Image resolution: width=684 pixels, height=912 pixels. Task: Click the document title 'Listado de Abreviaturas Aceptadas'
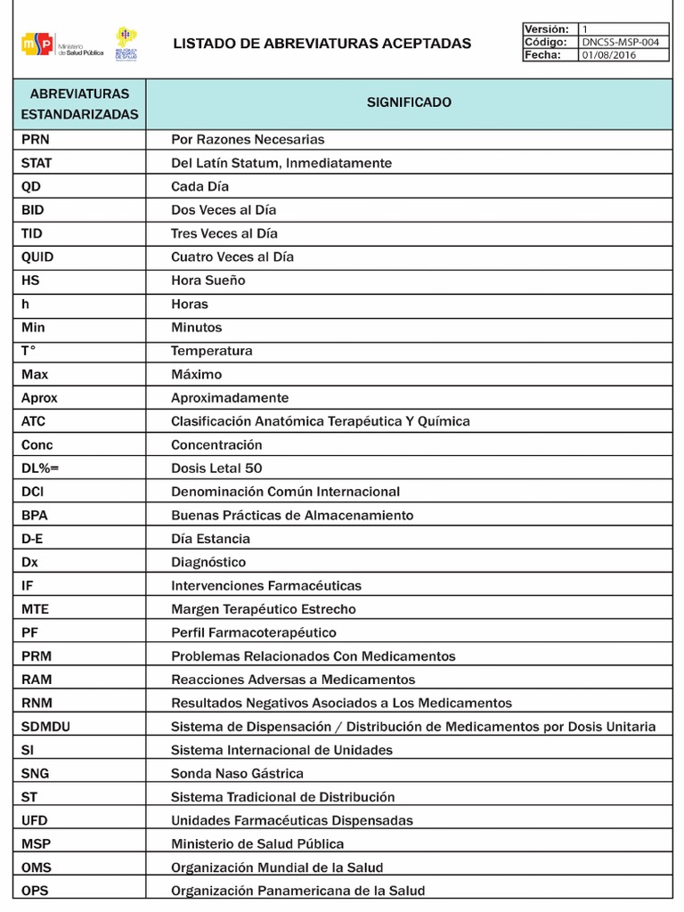[322, 43]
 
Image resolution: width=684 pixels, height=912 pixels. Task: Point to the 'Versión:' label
[547, 28]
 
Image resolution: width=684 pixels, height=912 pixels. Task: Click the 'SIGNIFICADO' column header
[409, 102]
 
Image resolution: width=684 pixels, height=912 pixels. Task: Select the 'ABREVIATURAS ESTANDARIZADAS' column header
[79, 103]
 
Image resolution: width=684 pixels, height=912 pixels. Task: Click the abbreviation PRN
[36, 140]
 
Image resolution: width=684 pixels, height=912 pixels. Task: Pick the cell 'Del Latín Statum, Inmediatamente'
[281, 163]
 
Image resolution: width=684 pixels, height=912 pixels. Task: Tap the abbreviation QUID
[37, 257]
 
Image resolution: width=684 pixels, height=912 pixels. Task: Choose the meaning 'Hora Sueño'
[208, 281]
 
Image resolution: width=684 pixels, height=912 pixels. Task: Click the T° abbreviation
[29, 351]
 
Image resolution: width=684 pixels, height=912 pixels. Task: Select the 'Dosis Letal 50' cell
[216, 468]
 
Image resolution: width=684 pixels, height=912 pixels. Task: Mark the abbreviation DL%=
[40, 468]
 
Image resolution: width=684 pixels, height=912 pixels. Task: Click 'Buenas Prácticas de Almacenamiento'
[292, 516]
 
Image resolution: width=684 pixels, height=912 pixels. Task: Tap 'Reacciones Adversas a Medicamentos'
[293, 680]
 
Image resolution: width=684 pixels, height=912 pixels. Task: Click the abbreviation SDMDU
[45, 727]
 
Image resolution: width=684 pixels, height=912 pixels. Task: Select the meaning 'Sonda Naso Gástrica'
[237, 774]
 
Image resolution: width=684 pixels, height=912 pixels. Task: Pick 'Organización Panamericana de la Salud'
[297, 891]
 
